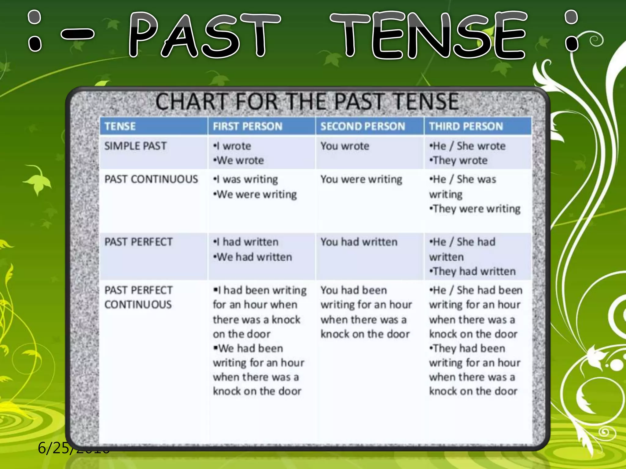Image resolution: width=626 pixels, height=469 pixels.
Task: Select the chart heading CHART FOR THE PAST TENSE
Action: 307,102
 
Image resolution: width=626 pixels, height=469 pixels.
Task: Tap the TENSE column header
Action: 120,126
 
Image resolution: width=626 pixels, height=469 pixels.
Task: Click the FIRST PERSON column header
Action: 248,126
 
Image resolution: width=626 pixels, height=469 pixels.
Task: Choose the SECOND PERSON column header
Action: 363,126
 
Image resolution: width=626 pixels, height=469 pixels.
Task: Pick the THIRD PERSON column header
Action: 466,126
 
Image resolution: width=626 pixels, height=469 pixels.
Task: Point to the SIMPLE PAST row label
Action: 135,146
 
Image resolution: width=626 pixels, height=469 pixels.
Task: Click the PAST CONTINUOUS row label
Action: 151,179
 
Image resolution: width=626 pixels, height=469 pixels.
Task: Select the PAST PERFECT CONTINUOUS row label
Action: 138,297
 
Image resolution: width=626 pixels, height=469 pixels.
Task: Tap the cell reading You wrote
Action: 345,146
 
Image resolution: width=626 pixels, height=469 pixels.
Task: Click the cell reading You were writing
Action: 361,179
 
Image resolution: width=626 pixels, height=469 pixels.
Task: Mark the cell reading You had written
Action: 359,242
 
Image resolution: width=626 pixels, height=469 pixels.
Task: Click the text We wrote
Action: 240,160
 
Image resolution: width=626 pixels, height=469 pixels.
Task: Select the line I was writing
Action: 247,179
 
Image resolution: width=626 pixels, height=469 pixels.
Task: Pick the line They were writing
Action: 476,209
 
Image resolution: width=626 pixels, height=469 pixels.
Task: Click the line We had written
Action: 254,257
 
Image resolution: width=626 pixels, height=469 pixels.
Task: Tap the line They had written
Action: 473,271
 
